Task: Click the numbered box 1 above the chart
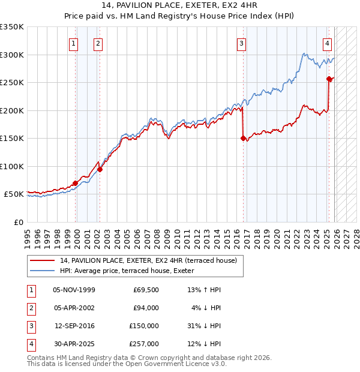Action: tap(73, 43)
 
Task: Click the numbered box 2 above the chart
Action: tap(97, 43)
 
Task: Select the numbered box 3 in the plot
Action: tap(241, 43)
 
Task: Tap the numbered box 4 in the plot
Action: tap(328, 43)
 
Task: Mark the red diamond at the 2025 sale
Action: tap(329, 79)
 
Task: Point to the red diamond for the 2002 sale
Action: tap(100, 169)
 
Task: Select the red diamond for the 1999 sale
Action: tap(76, 183)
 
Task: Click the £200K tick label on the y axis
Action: tap(12, 110)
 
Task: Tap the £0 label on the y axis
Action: tap(19, 222)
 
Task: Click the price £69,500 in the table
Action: tap(146, 290)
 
